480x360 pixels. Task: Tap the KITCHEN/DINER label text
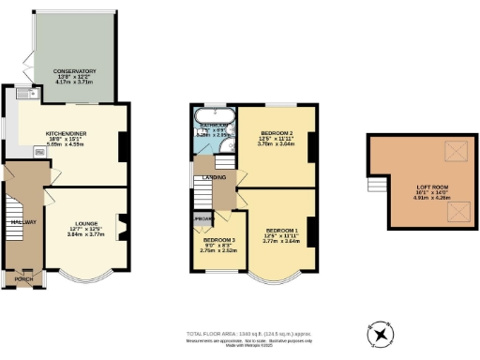click(x=67, y=134)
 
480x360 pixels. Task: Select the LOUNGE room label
click(x=82, y=222)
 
